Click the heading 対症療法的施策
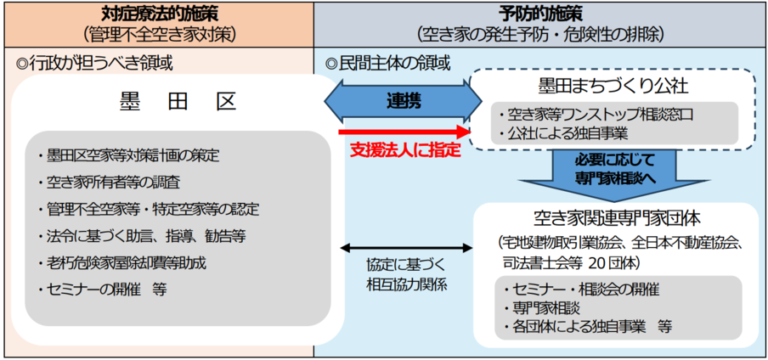click(x=160, y=14)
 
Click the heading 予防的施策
click(x=540, y=14)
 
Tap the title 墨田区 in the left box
click(x=177, y=103)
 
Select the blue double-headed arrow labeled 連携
click(x=398, y=98)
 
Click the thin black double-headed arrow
click(x=406, y=249)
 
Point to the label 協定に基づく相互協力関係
click(x=406, y=274)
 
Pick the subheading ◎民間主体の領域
click(x=388, y=63)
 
